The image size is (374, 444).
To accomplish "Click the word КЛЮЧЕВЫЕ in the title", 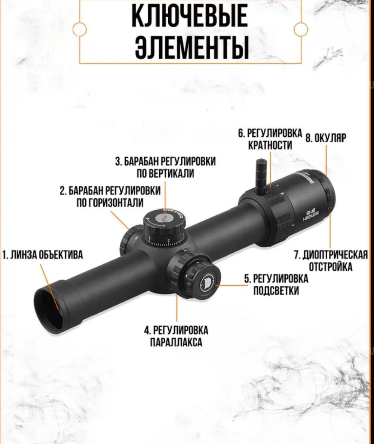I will pos(190,16).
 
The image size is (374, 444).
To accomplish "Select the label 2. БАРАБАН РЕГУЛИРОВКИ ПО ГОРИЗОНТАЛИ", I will pos(110,196).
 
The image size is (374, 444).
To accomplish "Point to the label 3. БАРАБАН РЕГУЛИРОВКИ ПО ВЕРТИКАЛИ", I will pos(166,167).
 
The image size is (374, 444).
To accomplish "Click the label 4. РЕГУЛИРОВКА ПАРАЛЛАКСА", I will pos(176,336).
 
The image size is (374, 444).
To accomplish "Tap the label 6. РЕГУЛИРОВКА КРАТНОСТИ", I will pos(270,139).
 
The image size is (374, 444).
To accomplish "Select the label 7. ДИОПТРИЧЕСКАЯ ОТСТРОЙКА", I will pos(330,261).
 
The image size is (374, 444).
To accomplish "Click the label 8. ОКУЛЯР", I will pos(326,138).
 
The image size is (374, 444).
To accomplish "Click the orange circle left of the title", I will pos(79,30).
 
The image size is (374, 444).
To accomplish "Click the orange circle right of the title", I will pos(301,30).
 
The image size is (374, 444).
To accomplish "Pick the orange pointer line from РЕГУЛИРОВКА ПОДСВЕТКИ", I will pos(234,285).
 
